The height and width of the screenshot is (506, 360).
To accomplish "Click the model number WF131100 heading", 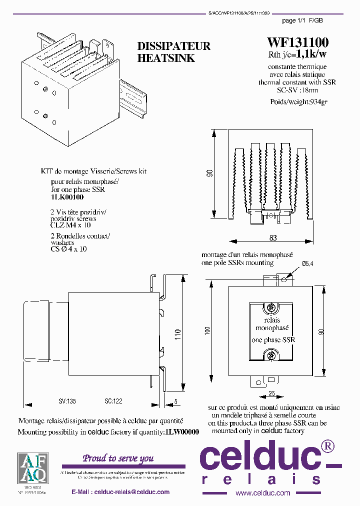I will coord(297,42).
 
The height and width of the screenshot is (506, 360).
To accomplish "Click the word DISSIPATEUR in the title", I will coord(174,46).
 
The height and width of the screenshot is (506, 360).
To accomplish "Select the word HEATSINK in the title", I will coord(166,58).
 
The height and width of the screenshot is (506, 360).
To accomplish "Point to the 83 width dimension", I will coord(273,237).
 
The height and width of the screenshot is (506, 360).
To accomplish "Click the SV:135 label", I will coord(67,401).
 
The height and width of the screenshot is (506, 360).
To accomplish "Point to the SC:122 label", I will coord(113,401).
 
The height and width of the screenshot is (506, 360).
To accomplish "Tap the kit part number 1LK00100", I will coord(67,197).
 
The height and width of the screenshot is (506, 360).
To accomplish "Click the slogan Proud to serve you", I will coord(118,458).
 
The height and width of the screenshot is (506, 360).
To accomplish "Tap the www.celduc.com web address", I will coord(262,492).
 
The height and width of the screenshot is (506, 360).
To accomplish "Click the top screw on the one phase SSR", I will coord(271,306).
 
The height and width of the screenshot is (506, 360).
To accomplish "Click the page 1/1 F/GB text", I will coord(302,20).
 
